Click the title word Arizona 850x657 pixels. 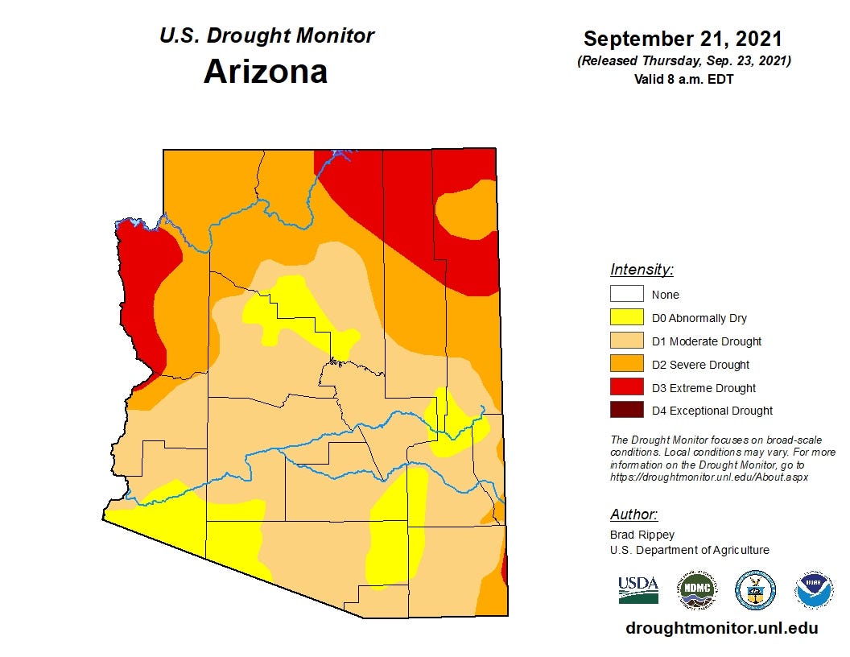(266, 71)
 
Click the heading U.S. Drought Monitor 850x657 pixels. (266, 35)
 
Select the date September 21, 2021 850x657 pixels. (683, 39)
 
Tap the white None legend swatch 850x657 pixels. (626, 295)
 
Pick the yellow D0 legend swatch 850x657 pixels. (626, 318)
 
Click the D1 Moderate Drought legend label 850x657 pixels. (706, 341)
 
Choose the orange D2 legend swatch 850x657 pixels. (626, 365)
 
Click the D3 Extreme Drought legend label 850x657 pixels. (704, 388)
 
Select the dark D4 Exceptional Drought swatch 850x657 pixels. (626, 411)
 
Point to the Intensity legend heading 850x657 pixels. (642, 270)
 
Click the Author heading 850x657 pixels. (633, 514)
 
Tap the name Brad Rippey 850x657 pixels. (642, 535)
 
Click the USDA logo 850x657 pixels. (638, 590)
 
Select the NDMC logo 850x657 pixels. (695, 590)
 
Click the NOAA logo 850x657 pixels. (814, 590)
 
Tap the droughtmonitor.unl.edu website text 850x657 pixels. (721, 628)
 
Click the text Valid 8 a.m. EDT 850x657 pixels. (683, 79)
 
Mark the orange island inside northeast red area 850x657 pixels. (466, 211)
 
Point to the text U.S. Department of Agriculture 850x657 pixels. (689, 551)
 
